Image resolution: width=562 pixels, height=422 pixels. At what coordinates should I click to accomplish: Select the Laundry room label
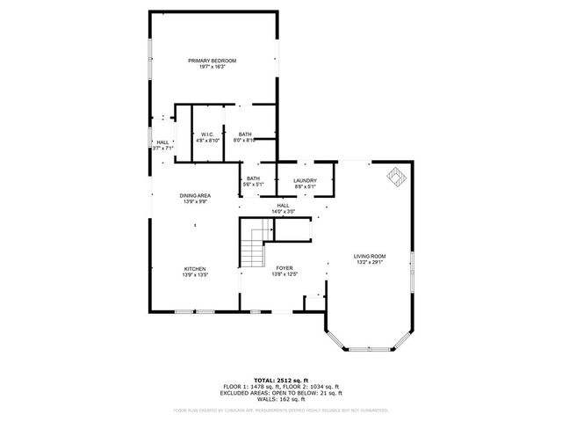(305, 179)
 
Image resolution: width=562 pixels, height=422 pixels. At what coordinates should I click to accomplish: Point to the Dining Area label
(194, 195)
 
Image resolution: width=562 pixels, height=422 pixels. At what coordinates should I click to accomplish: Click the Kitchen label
(194, 268)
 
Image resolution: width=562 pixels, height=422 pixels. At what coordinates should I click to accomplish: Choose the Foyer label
(284, 268)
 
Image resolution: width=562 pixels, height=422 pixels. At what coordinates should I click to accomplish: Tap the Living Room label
(370, 256)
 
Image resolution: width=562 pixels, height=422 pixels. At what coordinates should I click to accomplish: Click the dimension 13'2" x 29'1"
(370, 262)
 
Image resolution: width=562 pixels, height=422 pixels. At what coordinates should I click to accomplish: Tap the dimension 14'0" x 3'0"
(283, 211)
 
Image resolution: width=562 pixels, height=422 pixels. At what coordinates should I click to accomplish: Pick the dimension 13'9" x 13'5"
(194, 274)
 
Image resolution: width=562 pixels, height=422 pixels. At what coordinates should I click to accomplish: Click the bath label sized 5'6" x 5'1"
(253, 179)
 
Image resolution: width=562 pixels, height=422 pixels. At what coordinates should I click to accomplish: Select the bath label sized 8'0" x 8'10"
(245, 135)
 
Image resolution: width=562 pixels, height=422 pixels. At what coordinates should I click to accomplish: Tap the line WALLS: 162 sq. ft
(281, 400)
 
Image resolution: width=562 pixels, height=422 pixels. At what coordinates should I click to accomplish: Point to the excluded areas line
(281, 394)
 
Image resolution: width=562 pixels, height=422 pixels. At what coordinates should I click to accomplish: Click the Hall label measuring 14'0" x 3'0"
(283, 205)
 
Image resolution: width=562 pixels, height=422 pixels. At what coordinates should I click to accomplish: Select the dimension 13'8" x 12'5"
(284, 274)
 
